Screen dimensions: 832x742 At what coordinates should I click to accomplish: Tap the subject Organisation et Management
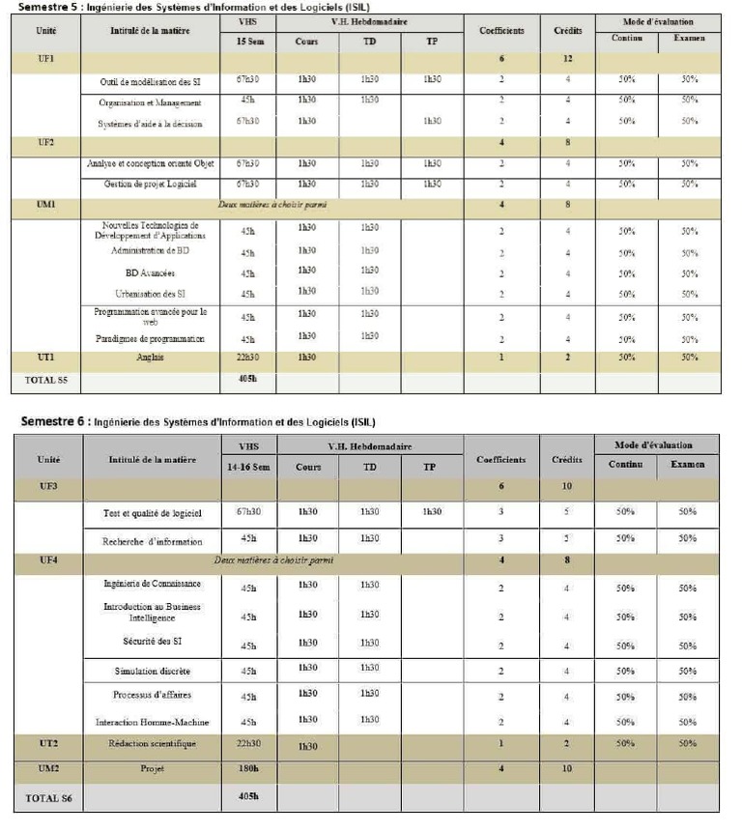pos(150,101)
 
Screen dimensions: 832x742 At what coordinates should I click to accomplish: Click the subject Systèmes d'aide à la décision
pos(150,123)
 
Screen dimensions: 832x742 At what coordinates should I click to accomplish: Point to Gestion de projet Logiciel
pos(150,184)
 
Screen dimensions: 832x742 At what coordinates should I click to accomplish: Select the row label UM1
pos(45,204)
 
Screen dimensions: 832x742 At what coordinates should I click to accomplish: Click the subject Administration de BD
pos(150,250)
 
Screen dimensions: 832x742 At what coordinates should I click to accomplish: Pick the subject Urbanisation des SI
pos(150,293)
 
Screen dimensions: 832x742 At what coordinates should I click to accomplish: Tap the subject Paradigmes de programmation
pos(150,338)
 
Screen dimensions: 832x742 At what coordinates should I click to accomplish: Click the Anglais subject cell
pos(150,358)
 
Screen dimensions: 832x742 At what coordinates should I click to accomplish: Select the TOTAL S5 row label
pos(45,381)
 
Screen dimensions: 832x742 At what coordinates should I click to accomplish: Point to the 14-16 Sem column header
pos(248,466)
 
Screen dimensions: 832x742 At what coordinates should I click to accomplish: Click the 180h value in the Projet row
pos(248,768)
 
